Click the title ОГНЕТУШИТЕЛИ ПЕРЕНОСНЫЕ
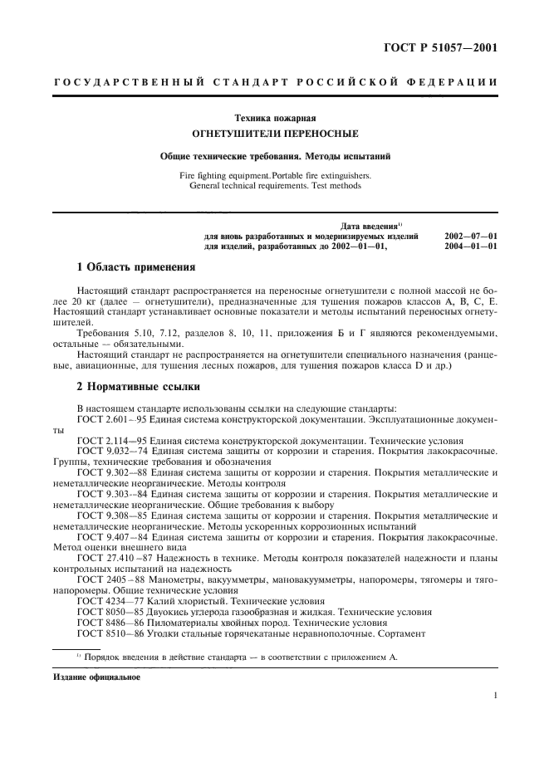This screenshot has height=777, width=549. pyautogui.click(x=275, y=133)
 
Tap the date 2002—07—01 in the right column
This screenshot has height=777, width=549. pyautogui.click(x=471, y=237)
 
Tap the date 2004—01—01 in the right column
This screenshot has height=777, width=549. pyautogui.click(x=471, y=247)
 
